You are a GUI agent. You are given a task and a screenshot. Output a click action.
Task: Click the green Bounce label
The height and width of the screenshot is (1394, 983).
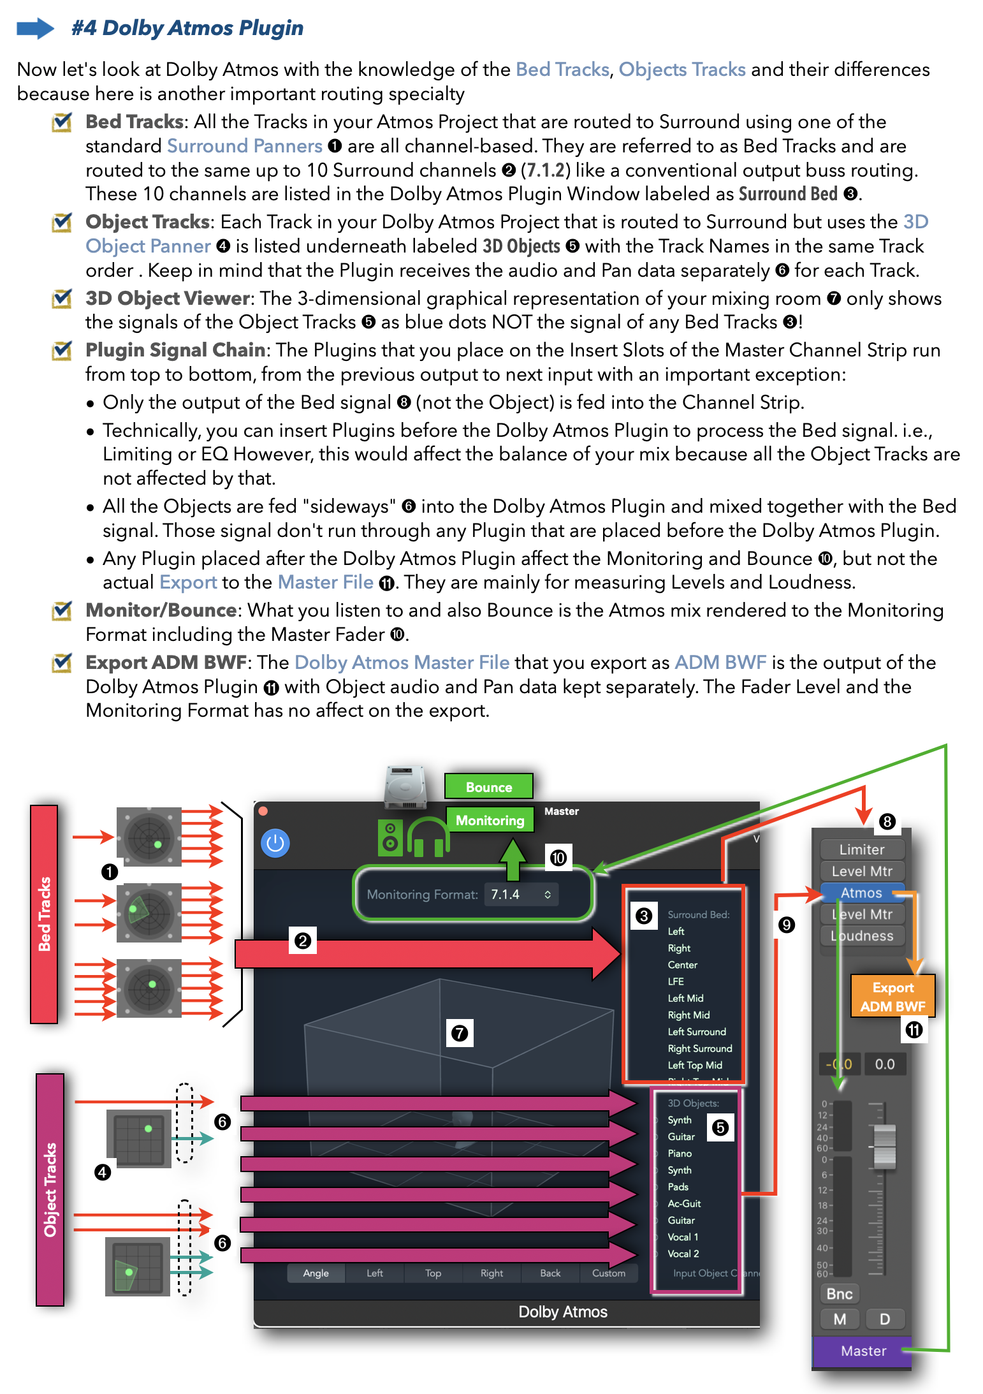[x=488, y=787]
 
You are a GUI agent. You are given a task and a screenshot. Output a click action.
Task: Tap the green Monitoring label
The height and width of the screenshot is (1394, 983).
[x=490, y=820]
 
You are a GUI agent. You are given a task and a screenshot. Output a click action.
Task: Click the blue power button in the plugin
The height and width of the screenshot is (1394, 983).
[x=275, y=843]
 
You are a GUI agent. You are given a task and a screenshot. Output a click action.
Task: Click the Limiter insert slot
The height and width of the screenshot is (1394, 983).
[x=862, y=849]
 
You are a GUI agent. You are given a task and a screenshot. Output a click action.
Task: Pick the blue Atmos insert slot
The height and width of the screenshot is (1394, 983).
[x=861, y=893]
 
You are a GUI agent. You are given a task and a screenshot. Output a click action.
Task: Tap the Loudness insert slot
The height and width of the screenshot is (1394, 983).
[x=862, y=935]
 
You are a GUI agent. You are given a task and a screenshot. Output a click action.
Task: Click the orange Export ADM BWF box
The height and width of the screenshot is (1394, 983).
[x=892, y=996]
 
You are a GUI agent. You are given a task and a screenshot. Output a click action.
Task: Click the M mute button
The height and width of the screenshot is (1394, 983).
[x=840, y=1319]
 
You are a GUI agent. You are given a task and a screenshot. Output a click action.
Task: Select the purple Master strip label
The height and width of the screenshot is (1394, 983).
[x=863, y=1351]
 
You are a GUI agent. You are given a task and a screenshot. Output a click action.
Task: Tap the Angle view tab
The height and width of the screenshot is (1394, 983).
[x=316, y=1273]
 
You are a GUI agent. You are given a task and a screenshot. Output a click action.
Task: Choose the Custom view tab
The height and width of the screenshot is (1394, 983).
[x=608, y=1273]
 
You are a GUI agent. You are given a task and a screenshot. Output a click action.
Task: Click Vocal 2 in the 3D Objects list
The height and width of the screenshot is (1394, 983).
[x=683, y=1254]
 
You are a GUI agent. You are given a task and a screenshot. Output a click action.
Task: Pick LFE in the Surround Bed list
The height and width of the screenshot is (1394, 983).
[x=676, y=981]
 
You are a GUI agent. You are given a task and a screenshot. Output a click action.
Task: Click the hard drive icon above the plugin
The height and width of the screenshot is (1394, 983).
[x=405, y=787]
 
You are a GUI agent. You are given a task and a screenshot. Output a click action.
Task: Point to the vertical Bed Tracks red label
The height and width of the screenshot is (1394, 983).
[x=44, y=913]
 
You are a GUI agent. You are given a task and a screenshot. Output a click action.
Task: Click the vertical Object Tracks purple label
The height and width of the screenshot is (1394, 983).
[x=50, y=1189]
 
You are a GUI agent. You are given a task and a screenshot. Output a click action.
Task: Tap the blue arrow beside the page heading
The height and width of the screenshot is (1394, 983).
[x=35, y=28]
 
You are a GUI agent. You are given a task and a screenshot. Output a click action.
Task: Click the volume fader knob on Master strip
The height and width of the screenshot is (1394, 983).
[x=884, y=1145]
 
